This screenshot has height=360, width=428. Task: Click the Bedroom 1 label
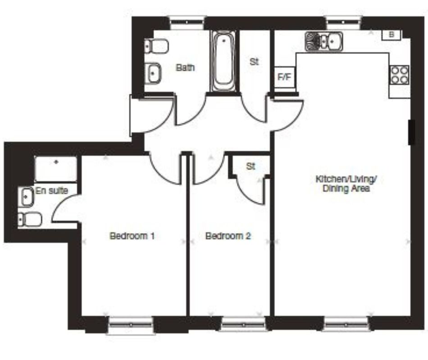(x=132, y=236)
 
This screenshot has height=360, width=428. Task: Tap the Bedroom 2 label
(x=228, y=236)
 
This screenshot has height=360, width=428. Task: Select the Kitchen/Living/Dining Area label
(x=346, y=184)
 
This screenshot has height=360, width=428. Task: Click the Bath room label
(x=185, y=68)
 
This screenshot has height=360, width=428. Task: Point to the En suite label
(x=52, y=191)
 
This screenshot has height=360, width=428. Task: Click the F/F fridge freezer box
(x=284, y=77)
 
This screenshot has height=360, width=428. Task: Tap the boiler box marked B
(x=391, y=35)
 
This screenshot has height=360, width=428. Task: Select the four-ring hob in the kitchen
(x=400, y=75)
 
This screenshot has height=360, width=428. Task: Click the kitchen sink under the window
(x=324, y=41)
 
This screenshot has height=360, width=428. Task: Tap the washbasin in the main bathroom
(x=155, y=72)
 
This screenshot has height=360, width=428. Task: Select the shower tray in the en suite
(x=56, y=169)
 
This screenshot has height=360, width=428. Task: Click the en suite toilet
(x=30, y=220)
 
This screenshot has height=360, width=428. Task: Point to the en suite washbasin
(x=26, y=197)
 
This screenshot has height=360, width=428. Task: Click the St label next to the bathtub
(x=254, y=62)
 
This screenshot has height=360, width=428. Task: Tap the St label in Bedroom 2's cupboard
(x=250, y=166)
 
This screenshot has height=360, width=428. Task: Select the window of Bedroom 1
(x=131, y=324)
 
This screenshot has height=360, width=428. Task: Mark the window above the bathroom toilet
(x=187, y=21)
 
